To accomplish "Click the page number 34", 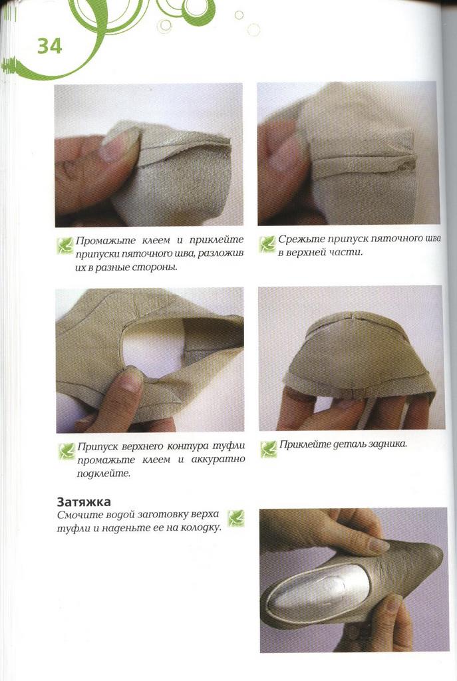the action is tap(49, 46).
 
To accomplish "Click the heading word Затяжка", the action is tap(84, 501).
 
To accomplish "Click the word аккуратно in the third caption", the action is tap(218, 460).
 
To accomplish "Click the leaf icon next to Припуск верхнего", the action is tap(67, 452).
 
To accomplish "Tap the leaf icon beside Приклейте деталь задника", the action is tap(269, 449).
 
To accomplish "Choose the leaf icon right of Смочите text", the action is tap(236, 519).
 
